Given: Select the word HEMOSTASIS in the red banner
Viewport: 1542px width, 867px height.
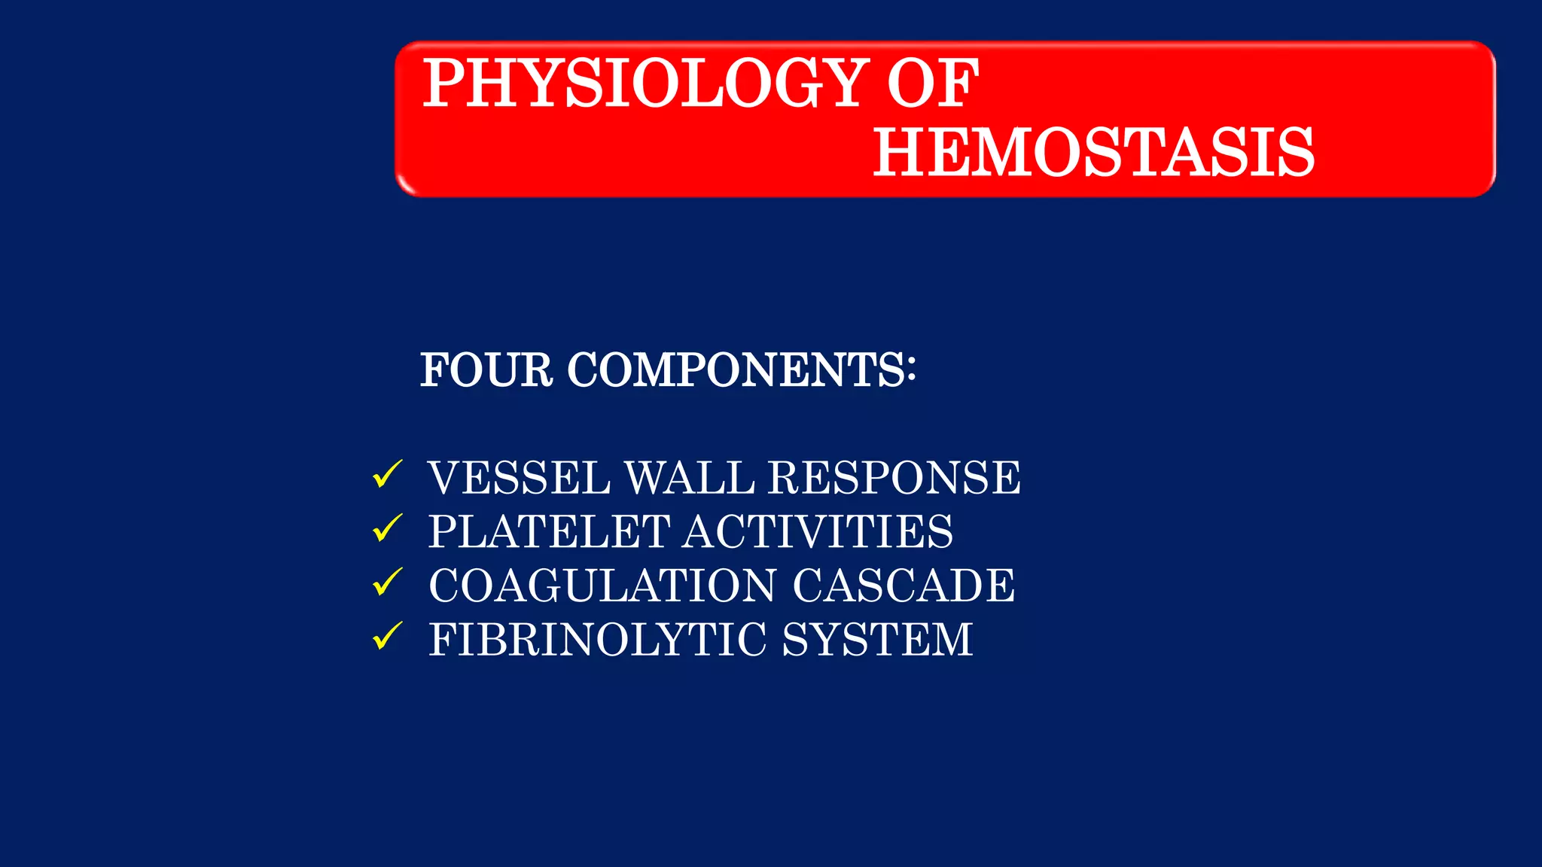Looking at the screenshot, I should coord(1093,153).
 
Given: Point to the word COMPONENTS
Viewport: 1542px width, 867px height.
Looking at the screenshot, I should coord(735,370).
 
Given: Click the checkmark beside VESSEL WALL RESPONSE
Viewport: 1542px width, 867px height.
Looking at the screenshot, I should coord(387,475).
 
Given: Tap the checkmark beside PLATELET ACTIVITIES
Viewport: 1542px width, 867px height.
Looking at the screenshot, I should coord(387,528).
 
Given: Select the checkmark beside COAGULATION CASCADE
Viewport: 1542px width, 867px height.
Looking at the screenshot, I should coord(387,583).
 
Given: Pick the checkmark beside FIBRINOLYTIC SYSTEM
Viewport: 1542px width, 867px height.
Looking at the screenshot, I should coord(387,637).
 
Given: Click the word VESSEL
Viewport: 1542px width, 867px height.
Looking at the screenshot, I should coord(519,478).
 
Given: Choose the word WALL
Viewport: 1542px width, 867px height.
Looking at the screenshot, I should coord(689,478).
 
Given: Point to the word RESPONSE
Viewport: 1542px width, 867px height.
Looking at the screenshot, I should coord(894,478).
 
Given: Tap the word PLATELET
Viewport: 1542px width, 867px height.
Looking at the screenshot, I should coord(549,532).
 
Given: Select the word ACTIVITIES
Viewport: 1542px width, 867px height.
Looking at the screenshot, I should coord(818,532).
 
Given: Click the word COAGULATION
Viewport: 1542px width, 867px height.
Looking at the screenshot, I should coord(603,586).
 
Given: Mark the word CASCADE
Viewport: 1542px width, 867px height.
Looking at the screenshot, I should coord(904,586).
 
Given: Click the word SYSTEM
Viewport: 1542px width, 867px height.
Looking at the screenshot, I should coord(877,640).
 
